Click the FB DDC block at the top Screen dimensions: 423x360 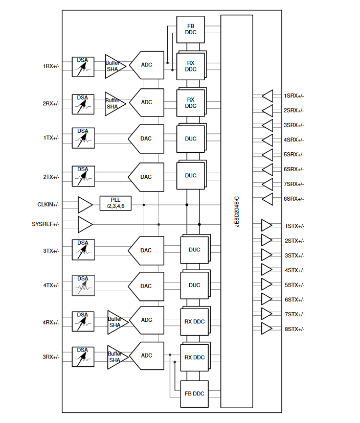(x=190, y=29)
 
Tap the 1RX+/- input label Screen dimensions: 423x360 (x=51, y=66)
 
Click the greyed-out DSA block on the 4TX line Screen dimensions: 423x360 (x=82, y=285)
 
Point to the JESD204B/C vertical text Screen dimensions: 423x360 (x=237, y=210)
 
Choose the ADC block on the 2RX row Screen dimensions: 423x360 (x=147, y=102)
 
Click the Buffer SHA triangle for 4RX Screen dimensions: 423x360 (x=115, y=322)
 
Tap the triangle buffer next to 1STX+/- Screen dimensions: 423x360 (x=267, y=226)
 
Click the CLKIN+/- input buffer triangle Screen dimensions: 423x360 (x=84, y=205)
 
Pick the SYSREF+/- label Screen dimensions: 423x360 (x=46, y=224)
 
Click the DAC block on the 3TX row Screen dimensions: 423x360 (x=147, y=250)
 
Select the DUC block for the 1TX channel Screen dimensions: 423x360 (x=190, y=138)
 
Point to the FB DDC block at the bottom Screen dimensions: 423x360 (x=194, y=393)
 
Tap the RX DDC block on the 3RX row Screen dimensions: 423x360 (x=194, y=357)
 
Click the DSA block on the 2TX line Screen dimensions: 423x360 (x=82, y=176)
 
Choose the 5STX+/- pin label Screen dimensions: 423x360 (x=294, y=285)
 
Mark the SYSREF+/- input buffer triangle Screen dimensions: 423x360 (x=84, y=224)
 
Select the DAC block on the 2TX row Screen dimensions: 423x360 (x=147, y=177)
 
